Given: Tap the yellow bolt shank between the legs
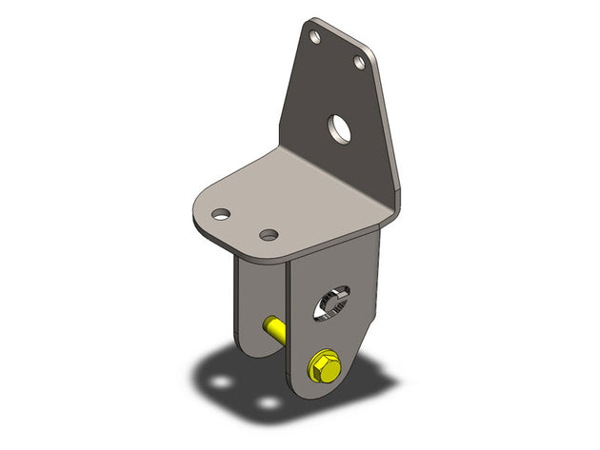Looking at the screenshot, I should point(273,331).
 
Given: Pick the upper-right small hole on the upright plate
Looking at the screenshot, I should point(360,62).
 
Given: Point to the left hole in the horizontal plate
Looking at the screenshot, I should point(221,213).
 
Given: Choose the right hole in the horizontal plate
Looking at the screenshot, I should point(270,234).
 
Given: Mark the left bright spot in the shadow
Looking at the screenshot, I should point(222,382).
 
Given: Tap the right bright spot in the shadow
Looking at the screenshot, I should point(270,403).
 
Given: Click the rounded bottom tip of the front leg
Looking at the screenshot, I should point(324,392).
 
